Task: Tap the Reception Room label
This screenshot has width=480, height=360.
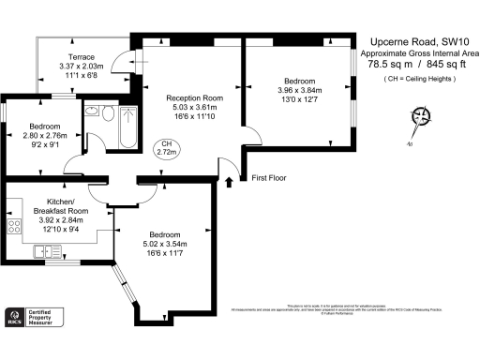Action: pos(192,97)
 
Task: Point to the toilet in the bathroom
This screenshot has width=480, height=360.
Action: pos(107,113)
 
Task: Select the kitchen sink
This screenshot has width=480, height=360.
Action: pos(45,251)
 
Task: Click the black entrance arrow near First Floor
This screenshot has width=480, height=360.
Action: pos(228,180)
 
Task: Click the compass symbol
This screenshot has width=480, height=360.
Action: pos(421,117)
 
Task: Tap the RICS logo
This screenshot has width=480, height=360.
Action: pos(14,319)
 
